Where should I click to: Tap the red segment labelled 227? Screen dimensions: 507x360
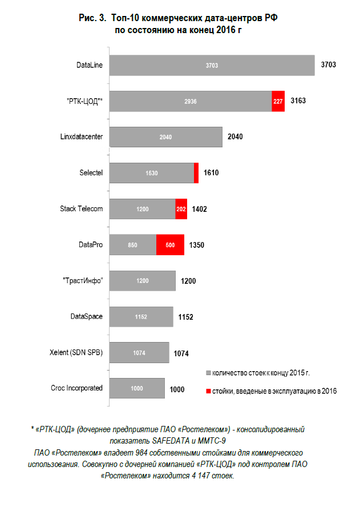pyautogui.click(x=278, y=101)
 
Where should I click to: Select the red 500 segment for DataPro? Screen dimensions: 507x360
pyautogui.click(x=170, y=245)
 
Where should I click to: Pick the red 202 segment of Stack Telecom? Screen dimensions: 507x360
pyautogui.click(x=181, y=209)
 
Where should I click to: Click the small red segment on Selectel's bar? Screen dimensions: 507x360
pyautogui.click(x=196, y=173)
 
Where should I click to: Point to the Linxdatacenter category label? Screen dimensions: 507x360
pyautogui.click(x=82, y=137)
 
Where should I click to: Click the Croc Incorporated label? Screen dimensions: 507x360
pyautogui.click(x=76, y=388)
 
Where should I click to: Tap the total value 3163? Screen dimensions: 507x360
pyautogui.click(x=298, y=101)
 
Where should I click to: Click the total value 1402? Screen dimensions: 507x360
pyautogui.click(x=199, y=209)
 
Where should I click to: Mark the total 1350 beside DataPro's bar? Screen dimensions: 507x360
pyautogui.click(x=196, y=245)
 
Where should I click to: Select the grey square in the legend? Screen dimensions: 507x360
pyautogui.click(x=208, y=373)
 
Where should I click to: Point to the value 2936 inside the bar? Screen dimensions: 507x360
pyautogui.click(x=191, y=101)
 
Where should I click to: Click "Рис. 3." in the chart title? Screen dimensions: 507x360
pyautogui.click(x=91, y=18)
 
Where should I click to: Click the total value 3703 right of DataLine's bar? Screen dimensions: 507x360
pyautogui.click(x=329, y=65)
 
